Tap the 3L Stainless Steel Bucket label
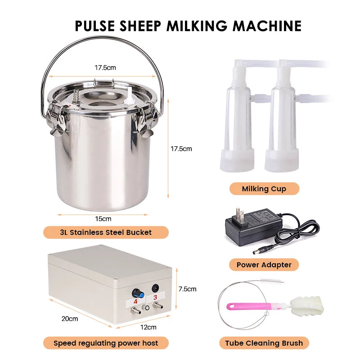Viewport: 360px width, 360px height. click(x=106, y=232)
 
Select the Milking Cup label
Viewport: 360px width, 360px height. click(x=264, y=189)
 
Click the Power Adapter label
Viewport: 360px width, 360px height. click(x=264, y=265)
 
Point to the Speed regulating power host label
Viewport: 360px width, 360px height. click(x=106, y=343)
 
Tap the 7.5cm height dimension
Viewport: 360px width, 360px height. click(x=188, y=289)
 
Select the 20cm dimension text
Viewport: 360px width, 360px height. click(x=70, y=319)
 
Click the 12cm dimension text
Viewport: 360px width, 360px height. click(x=149, y=327)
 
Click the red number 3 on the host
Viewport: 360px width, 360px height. click(x=155, y=297)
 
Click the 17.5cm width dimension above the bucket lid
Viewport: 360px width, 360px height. click(x=105, y=68)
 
